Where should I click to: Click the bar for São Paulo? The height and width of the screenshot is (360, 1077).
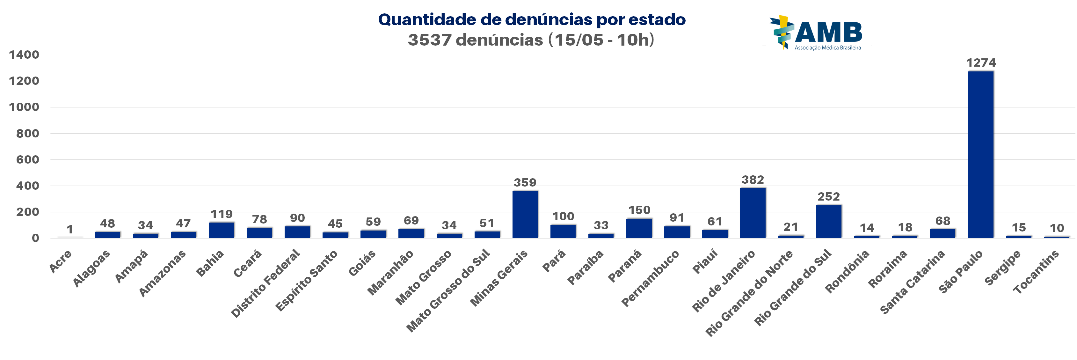pyautogui.click(x=980, y=155)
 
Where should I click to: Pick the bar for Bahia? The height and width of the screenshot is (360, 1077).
pyautogui.click(x=221, y=230)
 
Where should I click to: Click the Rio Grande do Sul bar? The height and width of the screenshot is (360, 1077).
pyautogui.click(x=829, y=222)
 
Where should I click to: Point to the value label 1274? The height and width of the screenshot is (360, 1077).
pyautogui.click(x=981, y=63)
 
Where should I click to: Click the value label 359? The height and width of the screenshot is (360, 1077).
pyautogui.click(x=525, y=182)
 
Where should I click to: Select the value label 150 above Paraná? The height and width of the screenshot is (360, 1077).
pyautogui.click(x=639, y=210)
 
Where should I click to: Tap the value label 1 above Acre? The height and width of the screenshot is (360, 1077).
pyautogui.click(x=70, y=229)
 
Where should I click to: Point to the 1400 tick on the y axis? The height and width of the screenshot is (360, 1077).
pyautogui.click(x=24, y=55)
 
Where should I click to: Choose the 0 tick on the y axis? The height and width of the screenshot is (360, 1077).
pyautogui.click(x=35, y=238)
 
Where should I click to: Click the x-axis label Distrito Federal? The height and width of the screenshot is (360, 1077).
pyautogui.click(x=266, y=283)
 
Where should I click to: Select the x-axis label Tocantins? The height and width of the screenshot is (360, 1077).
pyautogui.click(x=1036, y=272)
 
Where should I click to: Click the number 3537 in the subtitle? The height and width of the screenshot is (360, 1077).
pyautogui.click(x=429, y=40)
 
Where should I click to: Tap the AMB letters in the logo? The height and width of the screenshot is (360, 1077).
pyautogui.click(x=828, y=32)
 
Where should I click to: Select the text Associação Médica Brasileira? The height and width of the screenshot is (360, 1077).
pyautogui.click(x=827, y=48)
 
